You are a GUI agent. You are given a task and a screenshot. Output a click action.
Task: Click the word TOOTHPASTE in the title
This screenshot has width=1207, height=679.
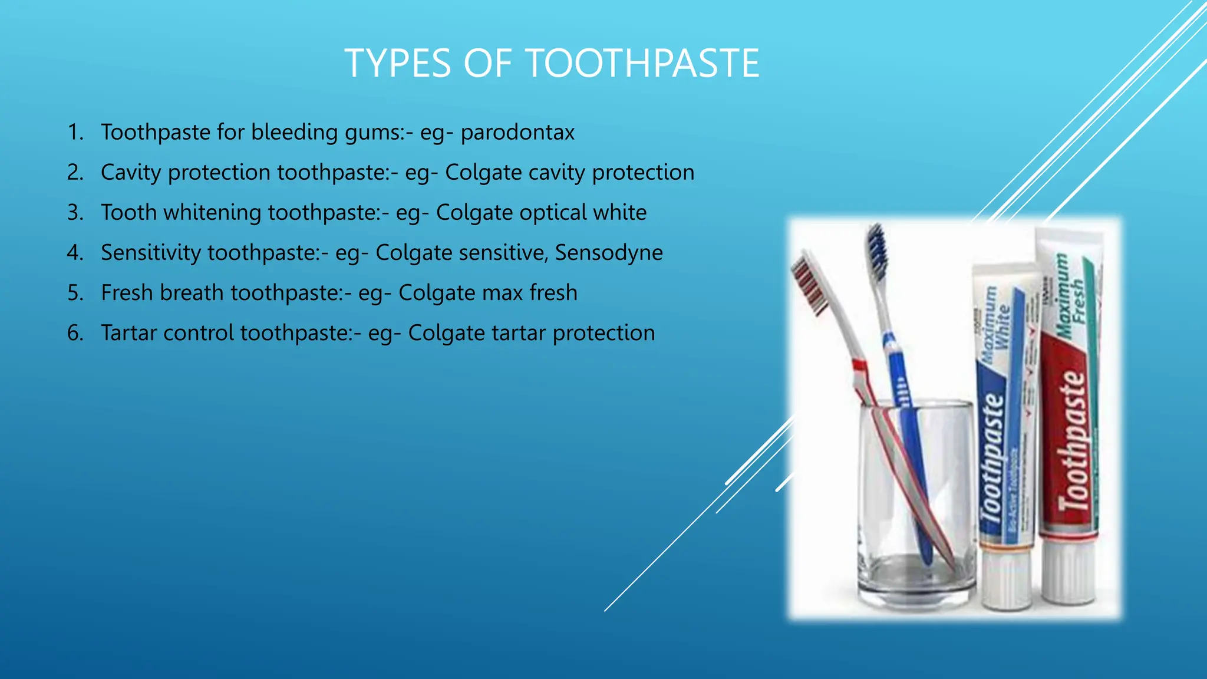[x=642, y=63]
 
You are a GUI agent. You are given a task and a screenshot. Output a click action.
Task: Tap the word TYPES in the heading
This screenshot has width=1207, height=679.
[x=398, y=63]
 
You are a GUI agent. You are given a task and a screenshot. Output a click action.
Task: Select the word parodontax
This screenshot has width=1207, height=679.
[x=517, y=132]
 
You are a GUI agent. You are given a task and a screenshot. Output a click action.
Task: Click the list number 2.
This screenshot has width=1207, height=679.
[x=75, y=172]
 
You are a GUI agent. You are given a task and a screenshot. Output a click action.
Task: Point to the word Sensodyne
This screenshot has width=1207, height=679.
[x=609, y=252]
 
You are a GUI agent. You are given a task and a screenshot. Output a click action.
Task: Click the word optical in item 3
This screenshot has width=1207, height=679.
[x=541, y=212]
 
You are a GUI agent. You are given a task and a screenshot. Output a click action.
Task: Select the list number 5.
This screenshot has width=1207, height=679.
[x=75, y=293]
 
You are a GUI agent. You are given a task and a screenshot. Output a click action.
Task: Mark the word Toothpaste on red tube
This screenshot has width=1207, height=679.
[x=1071, y=439]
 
